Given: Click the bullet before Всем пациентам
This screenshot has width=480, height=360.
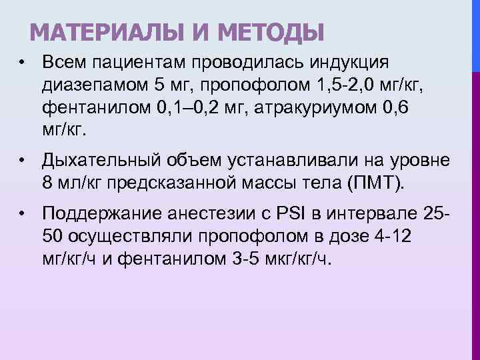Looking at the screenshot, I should (23, 63).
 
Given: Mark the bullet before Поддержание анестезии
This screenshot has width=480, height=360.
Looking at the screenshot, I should (23, 215).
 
